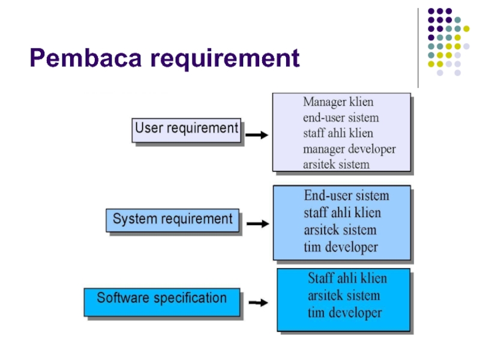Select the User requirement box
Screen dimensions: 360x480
(x=186, y=129)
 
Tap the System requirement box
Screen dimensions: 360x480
(x=172, y=220)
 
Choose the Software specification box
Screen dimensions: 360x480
(x=162, y=298)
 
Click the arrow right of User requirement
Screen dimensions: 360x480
(x=256, y=136)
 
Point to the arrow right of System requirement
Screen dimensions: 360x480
(x=257, y=224)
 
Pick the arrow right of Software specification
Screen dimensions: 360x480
(x=257, y=302)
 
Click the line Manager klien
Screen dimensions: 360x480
(x=338, y=102)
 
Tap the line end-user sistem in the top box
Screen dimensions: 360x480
(x=341, y=118)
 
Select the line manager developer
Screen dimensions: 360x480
(x=349, y=149)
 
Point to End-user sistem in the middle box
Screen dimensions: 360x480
(x=346, y=196)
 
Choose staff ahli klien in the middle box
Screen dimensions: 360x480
(x=342, y=213)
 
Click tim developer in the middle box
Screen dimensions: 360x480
(x=341, y=247)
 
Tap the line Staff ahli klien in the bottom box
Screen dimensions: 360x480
(x=347, y=278)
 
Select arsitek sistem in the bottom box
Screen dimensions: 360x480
(x=344, y=296)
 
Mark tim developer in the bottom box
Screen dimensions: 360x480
(x=344, y=313)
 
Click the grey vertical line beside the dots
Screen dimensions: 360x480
(x=419, y=48)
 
